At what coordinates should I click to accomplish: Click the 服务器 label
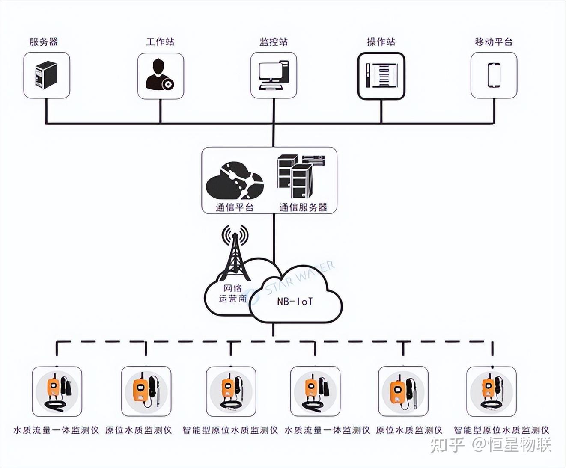43,41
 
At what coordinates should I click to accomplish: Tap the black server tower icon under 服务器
46,75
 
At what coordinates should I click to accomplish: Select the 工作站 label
160,41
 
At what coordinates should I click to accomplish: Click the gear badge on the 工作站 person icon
168,84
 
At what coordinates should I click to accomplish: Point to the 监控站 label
274,41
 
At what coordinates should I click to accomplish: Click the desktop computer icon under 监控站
274,75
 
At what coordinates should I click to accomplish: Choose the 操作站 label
381,41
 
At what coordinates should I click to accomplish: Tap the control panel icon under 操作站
381,76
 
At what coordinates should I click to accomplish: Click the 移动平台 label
494,41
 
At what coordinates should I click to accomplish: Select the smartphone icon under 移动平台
494,75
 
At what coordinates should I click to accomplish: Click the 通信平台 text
235,207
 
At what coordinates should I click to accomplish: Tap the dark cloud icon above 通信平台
235,180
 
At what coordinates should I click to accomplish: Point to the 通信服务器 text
303,207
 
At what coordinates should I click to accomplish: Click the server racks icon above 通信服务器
300,175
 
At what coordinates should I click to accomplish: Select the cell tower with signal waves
235,252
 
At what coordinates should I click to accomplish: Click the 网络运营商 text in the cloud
232,293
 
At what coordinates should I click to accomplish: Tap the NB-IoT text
295,302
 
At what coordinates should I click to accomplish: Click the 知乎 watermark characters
447,445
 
